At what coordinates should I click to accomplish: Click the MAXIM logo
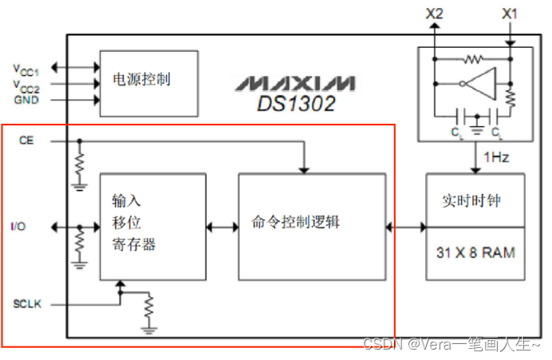coord(295,84)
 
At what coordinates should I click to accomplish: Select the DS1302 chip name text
coord(296,103)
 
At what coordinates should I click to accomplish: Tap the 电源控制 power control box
coord(148,80)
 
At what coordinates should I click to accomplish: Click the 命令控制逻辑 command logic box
coord(312,225)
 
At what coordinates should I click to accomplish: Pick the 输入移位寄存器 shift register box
coord(148,225)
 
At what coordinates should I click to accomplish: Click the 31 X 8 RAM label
coord(475,253)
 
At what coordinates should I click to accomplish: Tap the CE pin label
coord(26,141)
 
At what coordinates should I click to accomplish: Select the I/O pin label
coord(18,227)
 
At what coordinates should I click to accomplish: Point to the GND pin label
coord(26,101)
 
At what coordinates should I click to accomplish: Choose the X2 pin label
coord(435,14)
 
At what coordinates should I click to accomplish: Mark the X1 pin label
coord(509,14)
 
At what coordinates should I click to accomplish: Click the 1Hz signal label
coord(495,157)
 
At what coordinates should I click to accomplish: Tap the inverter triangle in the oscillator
coord(479,82)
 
